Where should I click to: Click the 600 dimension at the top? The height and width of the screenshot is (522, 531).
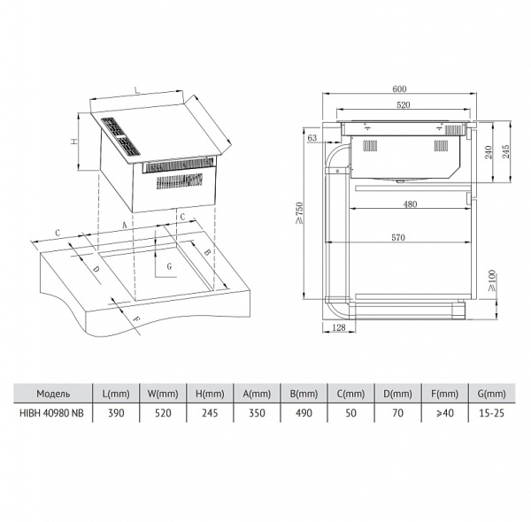click(x=399, y=89)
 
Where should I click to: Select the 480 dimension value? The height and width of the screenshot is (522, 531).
click(x=410, y=204)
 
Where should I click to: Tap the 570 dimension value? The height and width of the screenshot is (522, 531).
click(x=398, y=238)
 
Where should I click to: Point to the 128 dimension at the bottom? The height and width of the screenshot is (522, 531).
click(x=339, y=327)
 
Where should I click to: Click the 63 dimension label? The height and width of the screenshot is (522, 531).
click(x=312, y=138)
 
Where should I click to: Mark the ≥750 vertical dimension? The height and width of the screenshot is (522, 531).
click(x=299, y=213)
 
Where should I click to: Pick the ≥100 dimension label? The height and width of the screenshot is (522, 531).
click(x=492, y=280)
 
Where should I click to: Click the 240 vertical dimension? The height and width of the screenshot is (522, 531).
click(x=488, y=152)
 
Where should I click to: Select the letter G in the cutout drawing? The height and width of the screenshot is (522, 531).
click(x=169, y=266)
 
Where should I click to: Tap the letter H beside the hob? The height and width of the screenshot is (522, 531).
click(x=73, y=142)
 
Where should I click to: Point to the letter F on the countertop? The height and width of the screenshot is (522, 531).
click(x=135, y=319)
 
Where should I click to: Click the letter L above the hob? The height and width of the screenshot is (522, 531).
click(x=137, y=90)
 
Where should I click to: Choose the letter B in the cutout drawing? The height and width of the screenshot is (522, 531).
click(x=207, y=252)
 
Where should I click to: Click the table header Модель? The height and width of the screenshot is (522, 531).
click(x=53, y=394)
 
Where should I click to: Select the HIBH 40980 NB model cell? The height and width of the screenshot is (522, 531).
click(x=51, y=413)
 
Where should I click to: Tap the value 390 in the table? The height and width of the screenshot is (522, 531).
click(x=116, y=413)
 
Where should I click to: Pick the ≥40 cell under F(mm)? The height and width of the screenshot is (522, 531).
click(x=445, y=413)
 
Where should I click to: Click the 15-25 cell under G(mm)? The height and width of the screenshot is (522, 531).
click(x=492, y=413)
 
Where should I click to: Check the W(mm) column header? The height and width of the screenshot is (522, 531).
click(x=163, y=394)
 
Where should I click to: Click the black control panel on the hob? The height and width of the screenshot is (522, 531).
click(x=121, y=136)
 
